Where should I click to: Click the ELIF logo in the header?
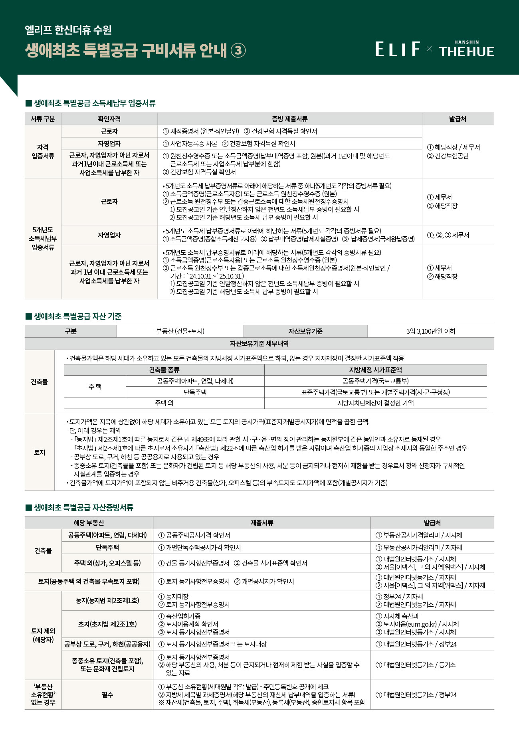coord(397,49)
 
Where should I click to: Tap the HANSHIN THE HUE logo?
coord(466,49)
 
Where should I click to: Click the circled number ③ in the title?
coord(238,51)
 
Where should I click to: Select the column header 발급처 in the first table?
coord(458,119)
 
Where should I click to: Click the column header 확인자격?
coord(109,119)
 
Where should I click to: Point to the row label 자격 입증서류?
coord(43,152)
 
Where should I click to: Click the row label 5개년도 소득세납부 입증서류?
coord(43,239)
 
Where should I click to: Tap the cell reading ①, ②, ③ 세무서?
coord(448,235)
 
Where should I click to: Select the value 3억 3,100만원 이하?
coord(431,331)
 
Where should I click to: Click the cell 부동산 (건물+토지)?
coord(180,331)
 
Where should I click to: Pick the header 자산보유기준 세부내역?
coord(259,344)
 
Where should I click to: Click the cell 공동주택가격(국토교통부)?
coord(375,381)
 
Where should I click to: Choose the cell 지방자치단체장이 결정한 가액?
coord(375,403)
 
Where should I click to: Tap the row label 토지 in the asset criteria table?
coord(39,452)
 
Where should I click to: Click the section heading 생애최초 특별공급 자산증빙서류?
coord(83,508)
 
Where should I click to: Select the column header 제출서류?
coord(261,523)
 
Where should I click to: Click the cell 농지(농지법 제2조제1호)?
coord(107,600)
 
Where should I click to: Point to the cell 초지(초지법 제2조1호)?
coord(107,624)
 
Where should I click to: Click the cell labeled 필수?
coord(107,695)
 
